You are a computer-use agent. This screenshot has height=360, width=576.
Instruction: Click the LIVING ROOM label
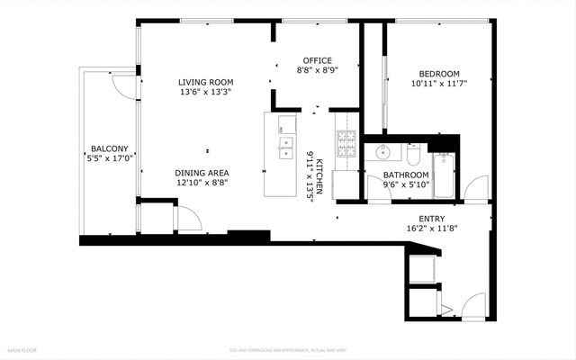point(206,81)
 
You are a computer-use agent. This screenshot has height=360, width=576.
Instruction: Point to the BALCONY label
point(109,148)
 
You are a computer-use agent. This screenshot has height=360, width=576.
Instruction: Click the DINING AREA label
point(202,172)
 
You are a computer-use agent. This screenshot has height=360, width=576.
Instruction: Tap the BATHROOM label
point(405,175)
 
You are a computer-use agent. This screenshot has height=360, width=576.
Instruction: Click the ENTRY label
point(431,218)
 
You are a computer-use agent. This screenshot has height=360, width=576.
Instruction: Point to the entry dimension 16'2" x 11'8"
point(431,229)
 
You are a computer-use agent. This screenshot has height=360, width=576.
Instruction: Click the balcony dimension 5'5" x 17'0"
point(109,158)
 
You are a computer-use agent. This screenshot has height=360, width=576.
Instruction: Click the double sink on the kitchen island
point(286,147)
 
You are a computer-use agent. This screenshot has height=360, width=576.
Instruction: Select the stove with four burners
point(346,145)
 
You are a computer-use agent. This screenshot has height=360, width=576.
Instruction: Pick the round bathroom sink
point(382,150)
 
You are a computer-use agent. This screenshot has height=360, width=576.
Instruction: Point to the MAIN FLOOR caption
point(22,349)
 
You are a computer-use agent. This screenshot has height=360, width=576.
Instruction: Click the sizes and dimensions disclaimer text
point(288,349)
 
